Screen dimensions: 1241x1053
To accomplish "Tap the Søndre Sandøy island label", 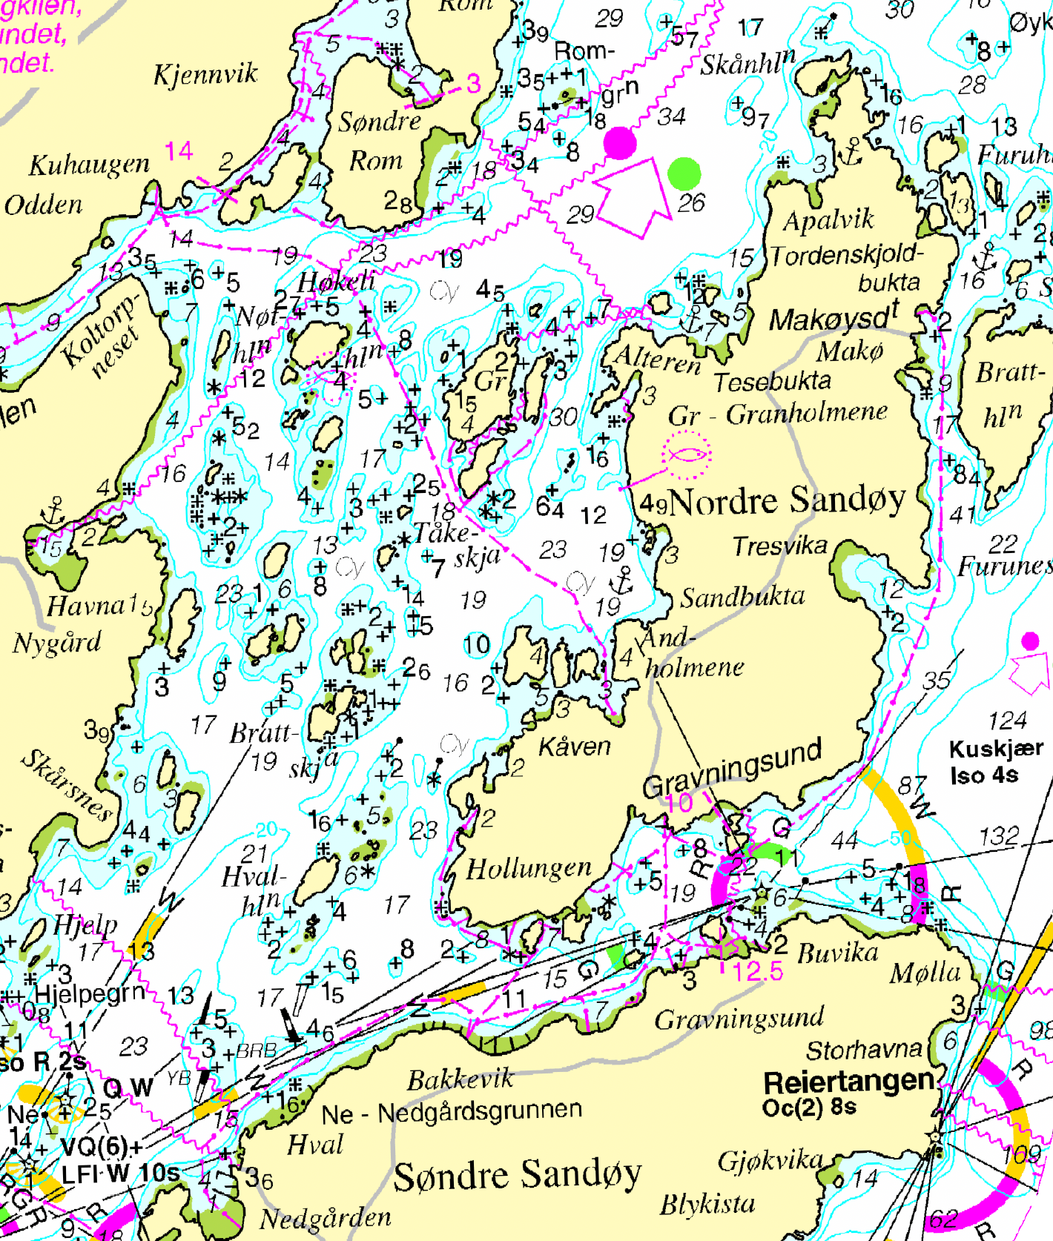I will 517,1175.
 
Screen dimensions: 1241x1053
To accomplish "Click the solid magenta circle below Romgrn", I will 619,142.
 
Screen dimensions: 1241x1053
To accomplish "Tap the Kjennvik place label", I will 205,74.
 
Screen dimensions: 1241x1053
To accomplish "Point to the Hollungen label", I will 529,868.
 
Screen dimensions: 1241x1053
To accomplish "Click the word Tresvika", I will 779,546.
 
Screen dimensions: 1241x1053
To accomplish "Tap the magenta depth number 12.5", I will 757,971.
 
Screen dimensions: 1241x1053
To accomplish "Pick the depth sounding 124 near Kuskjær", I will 1007,720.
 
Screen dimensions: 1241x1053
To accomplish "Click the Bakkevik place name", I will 460,1079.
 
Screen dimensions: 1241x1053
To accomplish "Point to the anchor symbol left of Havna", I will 53,512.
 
